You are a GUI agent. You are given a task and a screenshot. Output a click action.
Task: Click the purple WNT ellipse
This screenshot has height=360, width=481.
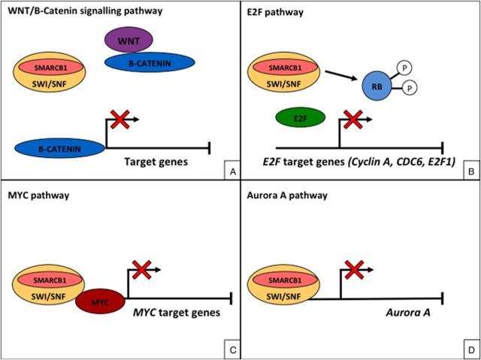point(129,39)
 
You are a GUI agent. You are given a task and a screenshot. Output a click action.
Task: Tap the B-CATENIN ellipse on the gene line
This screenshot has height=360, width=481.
point(59,148)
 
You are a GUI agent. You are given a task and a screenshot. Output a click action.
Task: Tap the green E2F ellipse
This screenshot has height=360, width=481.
point(299,118)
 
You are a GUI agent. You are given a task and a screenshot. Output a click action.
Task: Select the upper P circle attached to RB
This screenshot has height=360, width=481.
point(402,66)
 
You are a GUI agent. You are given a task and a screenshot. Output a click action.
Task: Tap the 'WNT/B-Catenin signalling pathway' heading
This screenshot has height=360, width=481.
point(83,11)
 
